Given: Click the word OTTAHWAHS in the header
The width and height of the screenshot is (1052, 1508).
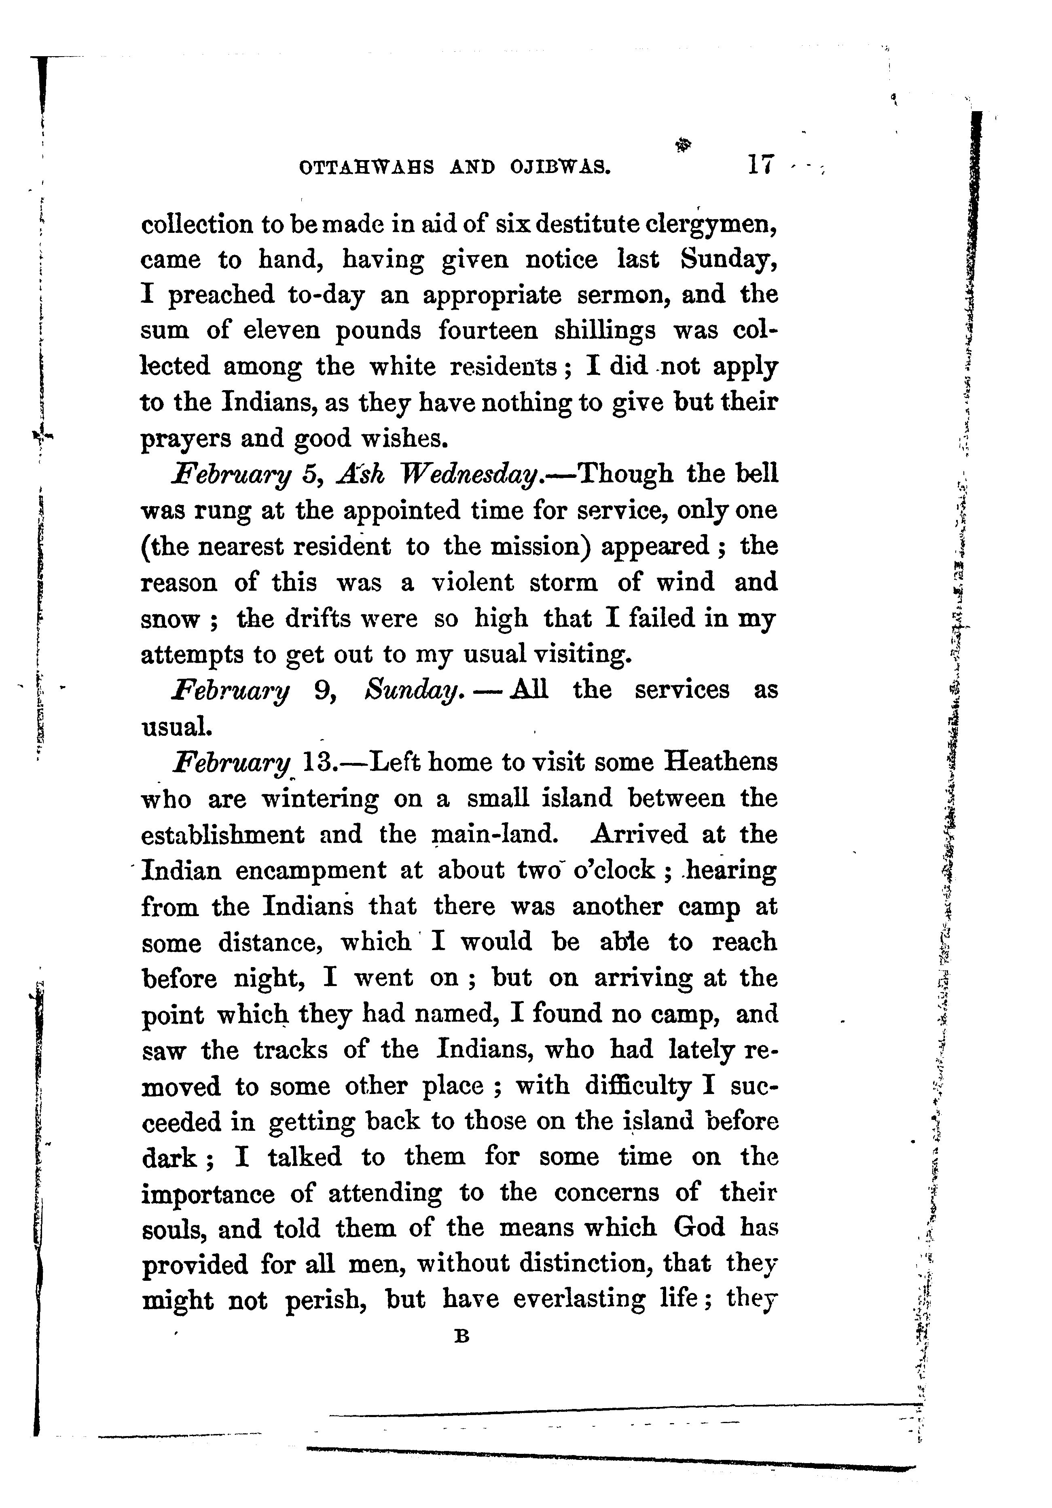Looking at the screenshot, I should pos(366,167).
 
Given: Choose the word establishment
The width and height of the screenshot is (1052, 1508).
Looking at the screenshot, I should pos(223,835).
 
